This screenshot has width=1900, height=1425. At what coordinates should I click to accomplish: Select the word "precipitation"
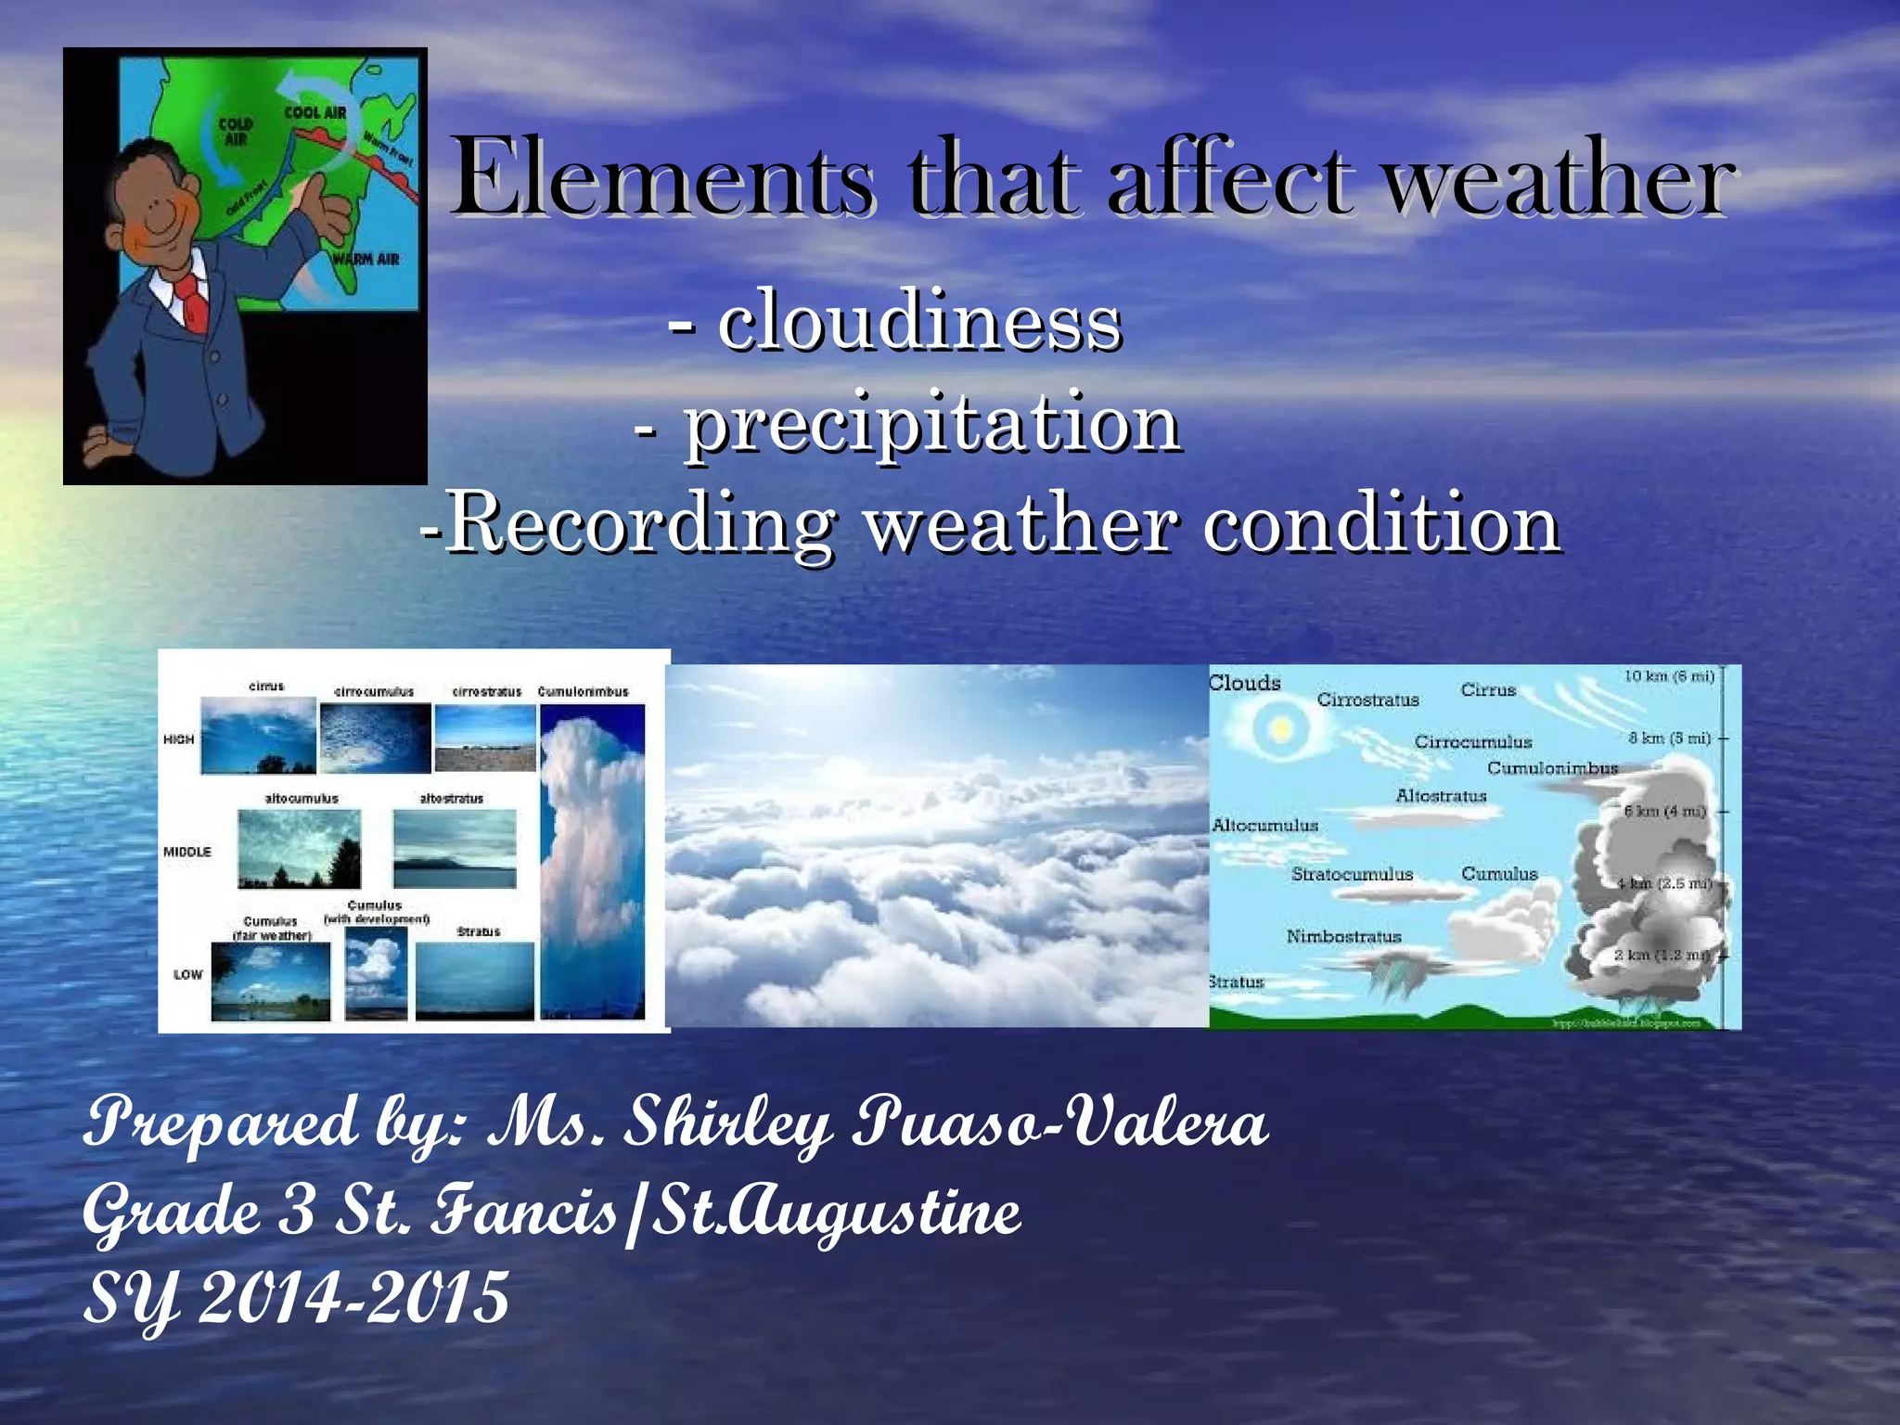click(932, 423)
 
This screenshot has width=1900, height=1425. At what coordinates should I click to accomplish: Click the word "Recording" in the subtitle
click(642, 524)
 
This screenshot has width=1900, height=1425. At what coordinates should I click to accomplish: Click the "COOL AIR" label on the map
click(315, 113)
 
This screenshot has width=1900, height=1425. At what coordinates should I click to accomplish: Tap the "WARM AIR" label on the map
click(366, 259)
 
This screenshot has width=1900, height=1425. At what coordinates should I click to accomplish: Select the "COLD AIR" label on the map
click(236, 131)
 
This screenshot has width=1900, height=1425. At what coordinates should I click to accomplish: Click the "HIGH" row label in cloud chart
click(178, 739)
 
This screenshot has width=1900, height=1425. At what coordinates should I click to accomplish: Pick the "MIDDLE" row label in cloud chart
click(186, 852)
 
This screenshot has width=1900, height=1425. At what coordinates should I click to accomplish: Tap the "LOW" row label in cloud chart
click(187, 974)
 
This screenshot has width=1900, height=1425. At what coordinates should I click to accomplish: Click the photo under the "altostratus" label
click(455, 848)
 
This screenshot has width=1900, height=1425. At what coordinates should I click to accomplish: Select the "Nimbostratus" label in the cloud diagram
click(1343, 937)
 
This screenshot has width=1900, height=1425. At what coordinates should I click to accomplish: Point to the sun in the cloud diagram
click(1280, 729)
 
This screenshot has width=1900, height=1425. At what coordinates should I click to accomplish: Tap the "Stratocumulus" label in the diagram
click(1352, 874)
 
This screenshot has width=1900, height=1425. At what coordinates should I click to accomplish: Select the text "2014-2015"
click(353, 1297)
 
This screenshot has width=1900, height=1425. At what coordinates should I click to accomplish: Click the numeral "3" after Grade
click(297, 1211)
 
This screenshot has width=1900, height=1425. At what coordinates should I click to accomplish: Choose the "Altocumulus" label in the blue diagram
click(1265, 826)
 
